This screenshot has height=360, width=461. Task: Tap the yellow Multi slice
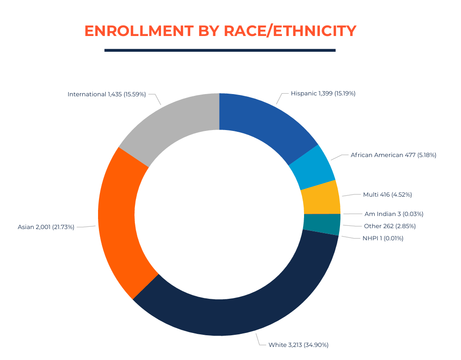[x=321, y=198]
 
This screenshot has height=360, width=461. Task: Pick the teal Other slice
[x=322, y=224]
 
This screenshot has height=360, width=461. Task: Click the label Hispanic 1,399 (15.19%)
[x=323, y=94]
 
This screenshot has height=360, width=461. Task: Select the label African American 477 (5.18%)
[x=393, y=155]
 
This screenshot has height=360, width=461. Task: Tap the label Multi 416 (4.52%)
[x=387, y=195]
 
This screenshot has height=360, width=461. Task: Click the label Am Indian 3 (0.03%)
[x=394, y=214]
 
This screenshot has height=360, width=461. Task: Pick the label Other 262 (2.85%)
[x=389, y=226]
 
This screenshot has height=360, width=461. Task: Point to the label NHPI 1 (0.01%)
[x=383, y=238]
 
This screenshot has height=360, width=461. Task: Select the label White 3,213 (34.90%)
[x=298, y=345]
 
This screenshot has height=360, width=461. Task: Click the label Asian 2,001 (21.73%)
[x=46, y=227]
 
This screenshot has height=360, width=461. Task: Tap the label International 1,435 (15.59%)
[x=107, y=94]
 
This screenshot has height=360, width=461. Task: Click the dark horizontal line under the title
[x=220, y=50]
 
